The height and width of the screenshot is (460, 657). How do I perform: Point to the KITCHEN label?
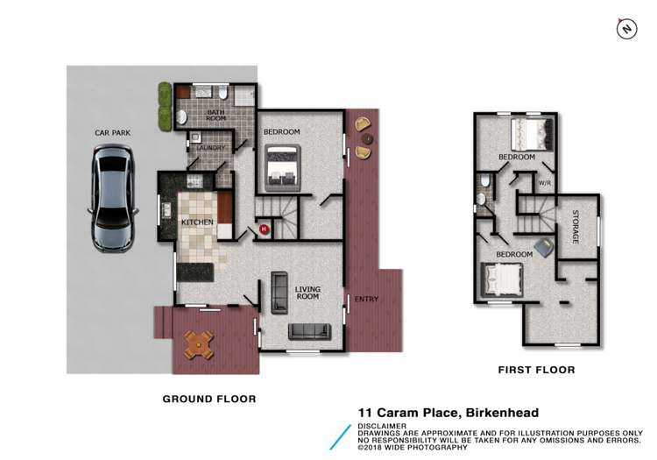(197, 223)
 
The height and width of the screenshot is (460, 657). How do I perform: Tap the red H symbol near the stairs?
(264, 230)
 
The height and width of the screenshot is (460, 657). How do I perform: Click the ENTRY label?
(366, 300)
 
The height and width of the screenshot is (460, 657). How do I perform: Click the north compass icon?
(625, 29)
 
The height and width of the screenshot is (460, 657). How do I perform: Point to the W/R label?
(544, 184)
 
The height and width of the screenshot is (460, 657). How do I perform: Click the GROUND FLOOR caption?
(209, 399)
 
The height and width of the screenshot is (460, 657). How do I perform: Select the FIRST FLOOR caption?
(536, 370)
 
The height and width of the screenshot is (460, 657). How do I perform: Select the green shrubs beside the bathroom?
(163, 106)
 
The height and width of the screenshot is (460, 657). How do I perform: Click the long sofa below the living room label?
(311, 331)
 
